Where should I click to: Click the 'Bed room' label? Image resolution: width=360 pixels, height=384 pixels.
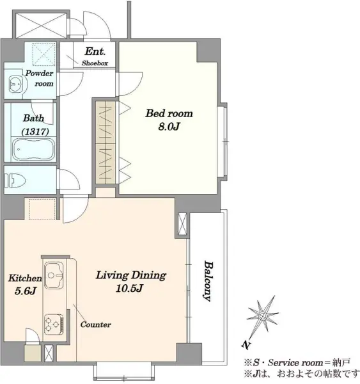(169, 113)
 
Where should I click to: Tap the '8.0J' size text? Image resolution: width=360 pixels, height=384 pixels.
(169, 127)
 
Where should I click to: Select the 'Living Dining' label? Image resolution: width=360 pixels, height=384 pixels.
(131, 275)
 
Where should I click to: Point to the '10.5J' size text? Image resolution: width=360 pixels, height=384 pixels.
(129, 288)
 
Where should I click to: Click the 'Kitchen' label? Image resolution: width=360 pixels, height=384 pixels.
(25, 278)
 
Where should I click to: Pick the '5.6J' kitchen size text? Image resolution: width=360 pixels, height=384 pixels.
(26, 291)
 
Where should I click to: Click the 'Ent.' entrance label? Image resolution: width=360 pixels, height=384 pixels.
(95, 51)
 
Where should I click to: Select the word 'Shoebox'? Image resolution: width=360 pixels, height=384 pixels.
(95, 63)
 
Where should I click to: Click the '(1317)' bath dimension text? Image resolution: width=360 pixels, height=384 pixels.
(35, 132)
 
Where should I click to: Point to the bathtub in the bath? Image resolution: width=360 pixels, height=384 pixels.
(33, 150)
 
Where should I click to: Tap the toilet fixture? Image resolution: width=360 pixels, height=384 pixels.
(15, 180)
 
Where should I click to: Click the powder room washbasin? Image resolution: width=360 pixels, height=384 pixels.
(15, 84)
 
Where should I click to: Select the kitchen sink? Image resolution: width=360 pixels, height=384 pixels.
(54, 275)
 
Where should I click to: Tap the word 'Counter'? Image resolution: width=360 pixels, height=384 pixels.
(96, 324)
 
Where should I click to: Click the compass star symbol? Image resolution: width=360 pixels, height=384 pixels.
(262, 316)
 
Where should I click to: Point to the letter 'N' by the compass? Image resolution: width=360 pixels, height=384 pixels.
(246, 345)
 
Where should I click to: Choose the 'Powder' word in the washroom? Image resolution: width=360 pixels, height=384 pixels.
(40, 73)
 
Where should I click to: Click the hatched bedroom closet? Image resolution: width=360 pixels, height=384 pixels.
(106, 143)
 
